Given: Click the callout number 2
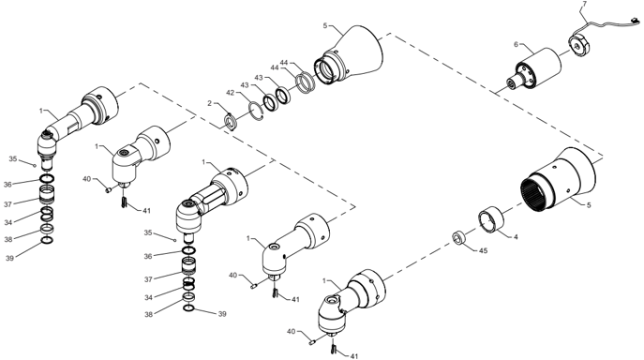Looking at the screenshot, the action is click(x=209, y=103).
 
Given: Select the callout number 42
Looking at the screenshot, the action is click(x=230, y=93).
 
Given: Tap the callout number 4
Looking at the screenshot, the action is click(x=516, y=236).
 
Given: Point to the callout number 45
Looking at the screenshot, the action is click(x=483, y=250).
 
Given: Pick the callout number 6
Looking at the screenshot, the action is click(x=517, y=44).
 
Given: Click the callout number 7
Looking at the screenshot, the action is click(x=585, y=4).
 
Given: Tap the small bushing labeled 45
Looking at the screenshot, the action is click(x=458, y=238).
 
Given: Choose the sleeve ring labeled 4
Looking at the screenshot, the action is click(x=491, y=221).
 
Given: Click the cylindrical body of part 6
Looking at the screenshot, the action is click(x=539, y=67).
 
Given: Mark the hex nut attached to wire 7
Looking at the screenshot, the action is click(x=578, y=45).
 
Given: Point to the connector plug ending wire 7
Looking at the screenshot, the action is click(x=635, y=21).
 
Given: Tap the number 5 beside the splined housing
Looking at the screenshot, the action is click(x=589, y=205).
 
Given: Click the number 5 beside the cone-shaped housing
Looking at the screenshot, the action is click(x=325, y=26).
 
